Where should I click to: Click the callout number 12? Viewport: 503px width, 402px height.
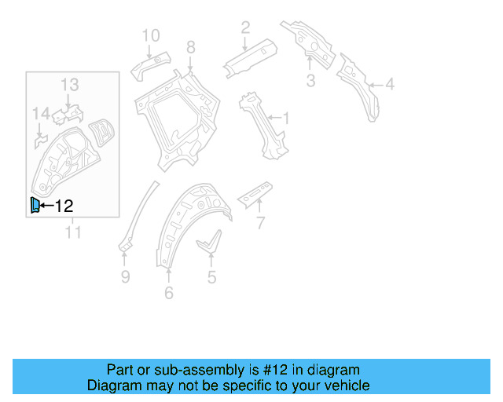pos(64,206)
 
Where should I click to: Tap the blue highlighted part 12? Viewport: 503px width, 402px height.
pos(34,206)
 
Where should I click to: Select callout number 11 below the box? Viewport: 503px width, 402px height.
pos(73,232)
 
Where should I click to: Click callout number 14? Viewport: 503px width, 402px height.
pos(40,116)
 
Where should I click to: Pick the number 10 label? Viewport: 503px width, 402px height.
pos(150,35)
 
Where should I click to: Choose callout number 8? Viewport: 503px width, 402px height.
pos(190,49)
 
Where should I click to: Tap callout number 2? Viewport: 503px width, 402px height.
pos(245,28)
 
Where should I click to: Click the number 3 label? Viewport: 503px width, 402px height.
pos(310,81)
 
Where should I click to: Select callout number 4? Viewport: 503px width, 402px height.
pos(390,85)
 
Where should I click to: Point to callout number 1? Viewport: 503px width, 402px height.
pos(286,119)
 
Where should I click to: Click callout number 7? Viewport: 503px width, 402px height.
pos(261,224)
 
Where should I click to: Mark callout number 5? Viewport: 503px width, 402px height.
pos(211,276)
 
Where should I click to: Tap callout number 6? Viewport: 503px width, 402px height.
pos(169,294)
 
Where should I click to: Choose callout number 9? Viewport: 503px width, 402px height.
pos(124,276)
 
